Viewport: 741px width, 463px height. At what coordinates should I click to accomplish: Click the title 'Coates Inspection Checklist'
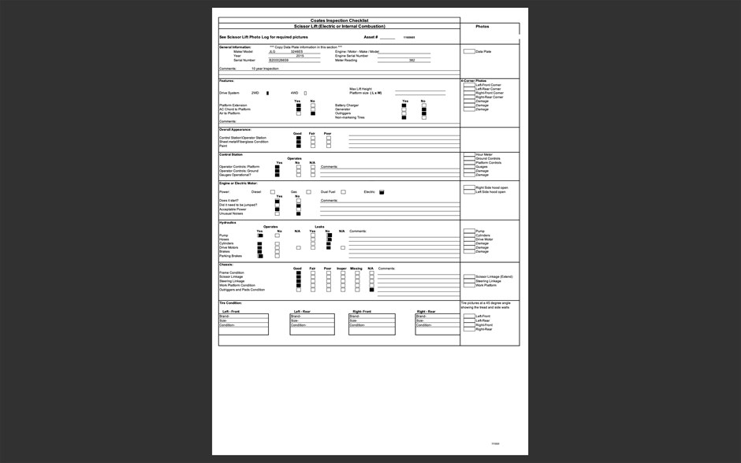click(339, 20)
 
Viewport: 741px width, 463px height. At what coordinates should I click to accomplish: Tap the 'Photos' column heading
click(482, 27)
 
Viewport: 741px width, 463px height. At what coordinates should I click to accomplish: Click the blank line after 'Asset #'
click(387, 37)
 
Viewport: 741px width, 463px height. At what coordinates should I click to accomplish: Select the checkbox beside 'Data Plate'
click(469, 52)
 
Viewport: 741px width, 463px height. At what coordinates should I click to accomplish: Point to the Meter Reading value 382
click(411, 60)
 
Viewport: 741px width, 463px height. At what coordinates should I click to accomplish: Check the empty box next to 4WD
click(305, 93)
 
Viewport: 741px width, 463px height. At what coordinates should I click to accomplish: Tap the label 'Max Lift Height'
click(360, 89)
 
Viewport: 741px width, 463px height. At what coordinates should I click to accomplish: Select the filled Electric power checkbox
click(382, 192)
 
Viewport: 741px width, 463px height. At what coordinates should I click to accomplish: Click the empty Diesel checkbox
click(273, 192)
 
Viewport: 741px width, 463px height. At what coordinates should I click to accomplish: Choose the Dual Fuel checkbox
click(343, 192)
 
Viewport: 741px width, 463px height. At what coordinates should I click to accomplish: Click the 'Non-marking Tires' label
click(349, 117)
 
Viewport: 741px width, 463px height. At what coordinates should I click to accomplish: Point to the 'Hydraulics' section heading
click(227, 222)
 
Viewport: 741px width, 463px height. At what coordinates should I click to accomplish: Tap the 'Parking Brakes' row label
click(230, 256)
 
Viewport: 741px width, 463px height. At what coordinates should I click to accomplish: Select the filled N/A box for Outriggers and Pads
click(371, 290)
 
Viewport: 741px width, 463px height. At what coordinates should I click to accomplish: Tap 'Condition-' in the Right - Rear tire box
click(425, 324)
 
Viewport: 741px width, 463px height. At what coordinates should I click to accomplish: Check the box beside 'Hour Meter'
click(469, 155)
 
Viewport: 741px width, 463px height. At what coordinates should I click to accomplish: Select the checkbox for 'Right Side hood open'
click(469, 187)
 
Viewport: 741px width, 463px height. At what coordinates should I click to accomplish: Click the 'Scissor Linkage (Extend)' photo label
click(494, 277)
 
